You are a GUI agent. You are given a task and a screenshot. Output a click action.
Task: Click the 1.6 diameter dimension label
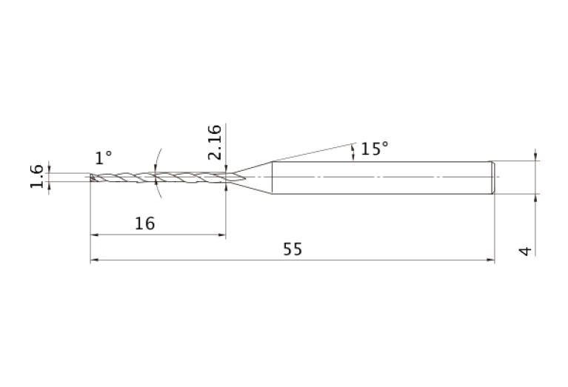[x=36, y=176]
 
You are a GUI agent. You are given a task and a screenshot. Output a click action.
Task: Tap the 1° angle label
[x=103, y=158]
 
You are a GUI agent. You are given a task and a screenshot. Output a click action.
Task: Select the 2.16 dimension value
[x=215, y=142]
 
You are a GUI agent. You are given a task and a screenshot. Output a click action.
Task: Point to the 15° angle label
[x=374, y=149]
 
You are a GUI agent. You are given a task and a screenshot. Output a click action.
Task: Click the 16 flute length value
[x=145, y=223]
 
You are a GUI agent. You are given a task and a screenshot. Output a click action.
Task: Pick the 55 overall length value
[x=293, y=249]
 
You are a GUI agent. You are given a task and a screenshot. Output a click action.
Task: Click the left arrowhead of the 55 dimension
[x=94, y=260]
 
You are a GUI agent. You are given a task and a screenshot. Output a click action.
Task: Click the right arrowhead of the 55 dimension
[x=490, y=260]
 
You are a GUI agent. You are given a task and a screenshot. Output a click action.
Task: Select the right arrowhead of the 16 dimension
[x=221, y=235]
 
